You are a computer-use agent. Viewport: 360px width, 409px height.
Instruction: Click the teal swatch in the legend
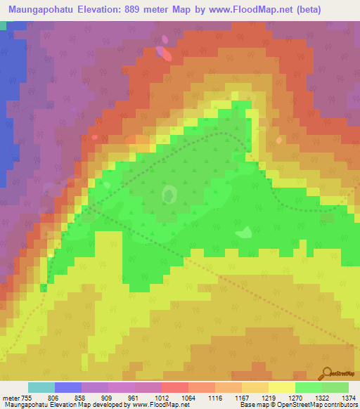41,387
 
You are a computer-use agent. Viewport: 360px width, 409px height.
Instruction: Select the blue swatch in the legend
68,387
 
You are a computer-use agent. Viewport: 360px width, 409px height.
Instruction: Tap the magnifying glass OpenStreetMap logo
327,373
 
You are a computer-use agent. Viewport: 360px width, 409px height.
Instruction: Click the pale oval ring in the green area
169,193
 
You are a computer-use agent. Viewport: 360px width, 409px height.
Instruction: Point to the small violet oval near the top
165,39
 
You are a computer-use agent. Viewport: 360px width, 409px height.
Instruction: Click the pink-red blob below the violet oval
165,53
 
